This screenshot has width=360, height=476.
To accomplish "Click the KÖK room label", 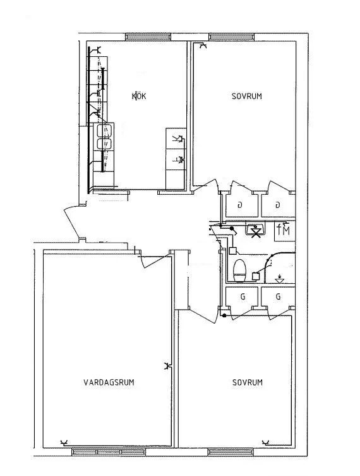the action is coord(139,96).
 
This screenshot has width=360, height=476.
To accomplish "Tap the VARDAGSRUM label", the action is coord(109,382).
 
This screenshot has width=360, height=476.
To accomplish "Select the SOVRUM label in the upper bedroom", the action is coord(246,96).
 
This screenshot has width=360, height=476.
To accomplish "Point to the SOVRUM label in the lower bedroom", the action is coord(248,382).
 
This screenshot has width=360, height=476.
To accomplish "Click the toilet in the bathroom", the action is coord(239,271).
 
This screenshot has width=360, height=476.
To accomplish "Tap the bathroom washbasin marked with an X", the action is coord(255,230).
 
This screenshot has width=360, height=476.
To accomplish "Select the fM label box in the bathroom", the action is coord(284,231).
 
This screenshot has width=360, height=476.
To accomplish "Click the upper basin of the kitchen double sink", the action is coord(104,130).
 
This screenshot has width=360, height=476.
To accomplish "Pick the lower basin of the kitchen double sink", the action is coord(104,144).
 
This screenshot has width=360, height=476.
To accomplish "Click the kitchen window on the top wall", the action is coord(148,37).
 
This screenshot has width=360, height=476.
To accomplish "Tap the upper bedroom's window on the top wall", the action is coord(231,37).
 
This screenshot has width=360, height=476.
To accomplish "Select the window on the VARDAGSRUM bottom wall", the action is coord(109,452).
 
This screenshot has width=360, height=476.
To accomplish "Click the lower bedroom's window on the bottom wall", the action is coord(231,452).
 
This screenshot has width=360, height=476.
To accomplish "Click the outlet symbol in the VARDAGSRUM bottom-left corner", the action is coord(64,443).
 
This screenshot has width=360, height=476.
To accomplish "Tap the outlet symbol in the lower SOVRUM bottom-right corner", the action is coord(266,442).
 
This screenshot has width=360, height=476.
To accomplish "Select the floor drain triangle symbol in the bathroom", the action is coord(279,279).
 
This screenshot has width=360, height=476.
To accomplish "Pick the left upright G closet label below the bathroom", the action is coord(243,296).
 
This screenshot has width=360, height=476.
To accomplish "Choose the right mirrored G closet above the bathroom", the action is coord(277,205).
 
